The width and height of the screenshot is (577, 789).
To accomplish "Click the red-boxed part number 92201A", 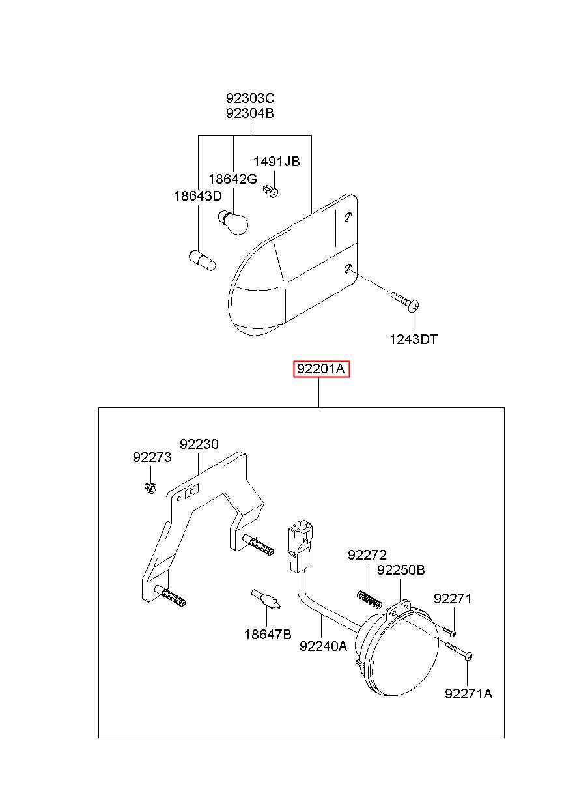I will (321, 370).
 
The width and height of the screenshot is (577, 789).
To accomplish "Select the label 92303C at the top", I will (250, 99).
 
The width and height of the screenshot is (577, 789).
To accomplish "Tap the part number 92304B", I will (250, 113).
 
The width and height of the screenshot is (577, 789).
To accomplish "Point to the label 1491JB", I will (276, 162).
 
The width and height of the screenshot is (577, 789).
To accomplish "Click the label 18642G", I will (232, 179).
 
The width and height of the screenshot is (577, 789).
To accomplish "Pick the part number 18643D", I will (197, 195).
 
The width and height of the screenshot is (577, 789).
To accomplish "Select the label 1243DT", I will (414, 339).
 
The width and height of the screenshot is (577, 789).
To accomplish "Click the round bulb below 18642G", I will (234, 223).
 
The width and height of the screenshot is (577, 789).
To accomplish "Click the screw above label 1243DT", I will (406, 300).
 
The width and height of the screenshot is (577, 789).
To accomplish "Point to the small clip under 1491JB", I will (273, 191).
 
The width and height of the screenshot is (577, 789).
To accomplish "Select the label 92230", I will (199, 444).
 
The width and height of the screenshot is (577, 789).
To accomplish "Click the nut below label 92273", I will (150, 487).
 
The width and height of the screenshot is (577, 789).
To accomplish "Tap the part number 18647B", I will (268, 633).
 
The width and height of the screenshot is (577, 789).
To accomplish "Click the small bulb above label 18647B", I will (266, 598).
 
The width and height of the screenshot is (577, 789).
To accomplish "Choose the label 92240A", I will (323, 646).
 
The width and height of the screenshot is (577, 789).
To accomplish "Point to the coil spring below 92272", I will (369, 598).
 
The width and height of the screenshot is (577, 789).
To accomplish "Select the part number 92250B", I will (401, 570).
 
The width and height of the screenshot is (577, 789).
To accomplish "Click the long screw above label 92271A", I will (460, 650).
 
